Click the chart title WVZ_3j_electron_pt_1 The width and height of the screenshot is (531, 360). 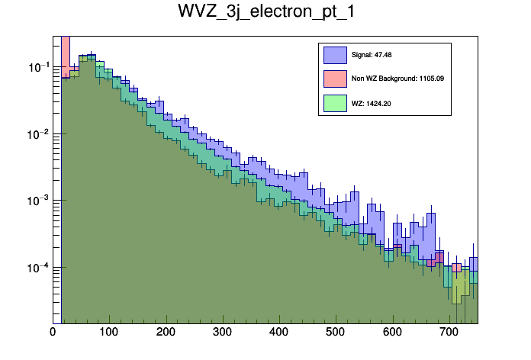265,13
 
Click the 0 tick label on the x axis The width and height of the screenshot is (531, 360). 53,333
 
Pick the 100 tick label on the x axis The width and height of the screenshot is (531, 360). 109,333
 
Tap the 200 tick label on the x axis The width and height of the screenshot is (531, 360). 166,333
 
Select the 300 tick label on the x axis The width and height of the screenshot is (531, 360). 222,333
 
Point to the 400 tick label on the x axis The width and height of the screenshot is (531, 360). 279,333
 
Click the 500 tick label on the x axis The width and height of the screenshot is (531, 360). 336,333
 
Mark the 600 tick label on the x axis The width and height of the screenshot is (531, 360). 392,333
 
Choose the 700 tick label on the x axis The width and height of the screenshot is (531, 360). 449,333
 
